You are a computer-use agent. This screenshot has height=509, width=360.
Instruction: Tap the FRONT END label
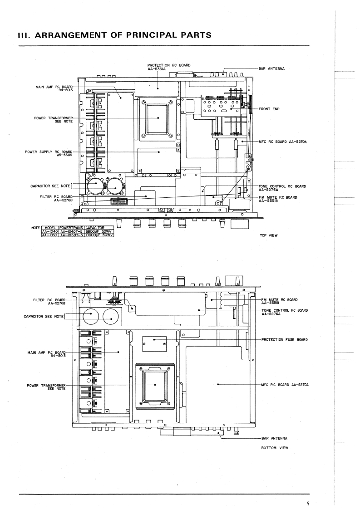[269, 109]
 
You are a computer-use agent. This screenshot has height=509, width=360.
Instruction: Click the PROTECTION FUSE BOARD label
[285, 339]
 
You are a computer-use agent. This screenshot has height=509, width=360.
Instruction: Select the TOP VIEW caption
[269, 235]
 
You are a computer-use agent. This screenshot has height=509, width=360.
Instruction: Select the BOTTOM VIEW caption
[275, 448]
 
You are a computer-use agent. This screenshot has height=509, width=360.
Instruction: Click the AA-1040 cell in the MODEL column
[50, 231]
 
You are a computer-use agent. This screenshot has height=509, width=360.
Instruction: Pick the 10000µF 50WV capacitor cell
[99, 235]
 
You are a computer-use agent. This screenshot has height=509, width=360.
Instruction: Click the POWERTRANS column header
[71, 228]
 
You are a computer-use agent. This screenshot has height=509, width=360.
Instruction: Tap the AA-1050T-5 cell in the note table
[71, 235]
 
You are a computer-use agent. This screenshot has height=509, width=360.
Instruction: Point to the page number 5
[308, 504]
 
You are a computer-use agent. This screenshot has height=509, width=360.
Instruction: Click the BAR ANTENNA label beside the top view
[271, 69]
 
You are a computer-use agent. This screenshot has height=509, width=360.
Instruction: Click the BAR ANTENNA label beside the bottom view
[274, 438]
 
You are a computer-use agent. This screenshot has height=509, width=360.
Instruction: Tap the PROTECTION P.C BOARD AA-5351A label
[169, 67]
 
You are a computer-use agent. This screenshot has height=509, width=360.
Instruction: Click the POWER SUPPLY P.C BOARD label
[49, 153]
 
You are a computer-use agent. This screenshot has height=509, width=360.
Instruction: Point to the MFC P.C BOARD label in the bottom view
[285, 385]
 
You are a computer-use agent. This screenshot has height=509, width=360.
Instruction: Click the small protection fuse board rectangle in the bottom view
[154, 344]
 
